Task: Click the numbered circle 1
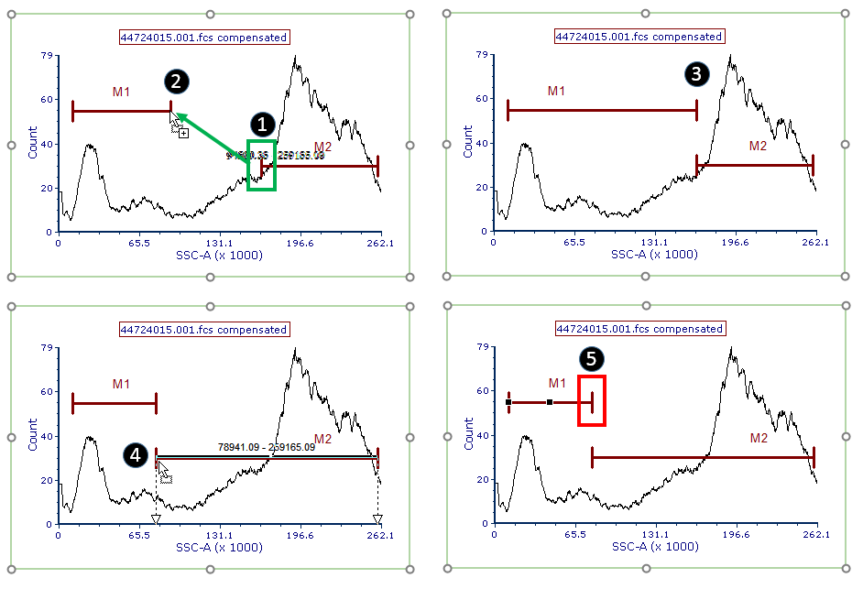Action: tap(263, 124)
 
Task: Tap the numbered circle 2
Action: tap(176, 81)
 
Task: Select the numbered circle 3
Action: tap(697, 75)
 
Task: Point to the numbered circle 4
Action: tap(136, 453)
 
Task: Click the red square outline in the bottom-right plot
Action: tap(592, 400)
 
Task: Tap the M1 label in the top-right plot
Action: tap(556, 92)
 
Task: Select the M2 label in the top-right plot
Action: tap(758, 146)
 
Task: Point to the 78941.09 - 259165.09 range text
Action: tap(267, 448)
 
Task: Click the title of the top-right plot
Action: tap(639, 38)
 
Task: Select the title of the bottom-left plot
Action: tap(204, 330)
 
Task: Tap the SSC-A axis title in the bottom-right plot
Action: tap(654, 547)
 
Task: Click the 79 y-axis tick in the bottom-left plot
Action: tap(46, 348)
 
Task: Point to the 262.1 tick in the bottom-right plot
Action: tap(815, 536)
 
